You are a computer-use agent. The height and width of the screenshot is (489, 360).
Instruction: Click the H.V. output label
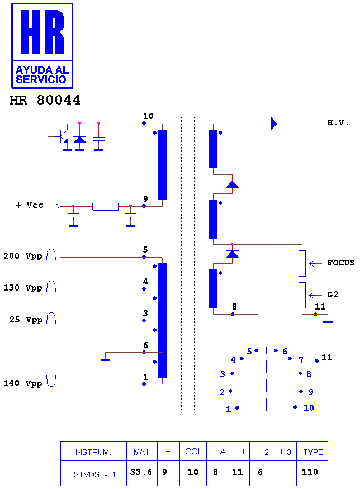point(338,122)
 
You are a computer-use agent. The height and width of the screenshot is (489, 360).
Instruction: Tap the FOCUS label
point(340,263)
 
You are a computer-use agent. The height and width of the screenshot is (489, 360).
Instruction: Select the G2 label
point(333,295)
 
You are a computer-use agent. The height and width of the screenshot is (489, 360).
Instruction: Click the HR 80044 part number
point(45,100)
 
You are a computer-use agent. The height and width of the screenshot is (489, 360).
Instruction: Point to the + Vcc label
point(29,205)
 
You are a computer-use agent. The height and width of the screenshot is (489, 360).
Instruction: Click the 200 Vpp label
point(22,256)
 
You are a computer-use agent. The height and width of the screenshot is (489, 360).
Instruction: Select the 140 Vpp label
point(22,383)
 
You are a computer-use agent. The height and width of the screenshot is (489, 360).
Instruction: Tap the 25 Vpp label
point(26,320)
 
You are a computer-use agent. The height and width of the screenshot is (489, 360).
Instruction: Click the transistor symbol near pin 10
point(63,137)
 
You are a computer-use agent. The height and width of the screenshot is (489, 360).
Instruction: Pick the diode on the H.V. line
point(273,124)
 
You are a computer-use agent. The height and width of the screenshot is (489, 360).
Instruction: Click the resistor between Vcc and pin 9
point(105,206)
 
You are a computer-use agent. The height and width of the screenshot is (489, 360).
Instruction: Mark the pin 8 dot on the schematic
point(233,314)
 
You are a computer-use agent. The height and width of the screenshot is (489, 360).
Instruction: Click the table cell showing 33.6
point(141,473)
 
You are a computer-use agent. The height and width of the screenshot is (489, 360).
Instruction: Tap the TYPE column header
point(312,452)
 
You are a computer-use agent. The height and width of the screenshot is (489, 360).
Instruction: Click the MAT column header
point(141,452)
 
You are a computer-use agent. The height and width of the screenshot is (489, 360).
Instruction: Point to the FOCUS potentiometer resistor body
point(302,263)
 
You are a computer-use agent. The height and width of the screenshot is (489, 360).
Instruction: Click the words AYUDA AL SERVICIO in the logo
point(42,74)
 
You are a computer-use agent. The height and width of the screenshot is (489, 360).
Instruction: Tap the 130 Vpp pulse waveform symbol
point(51,286)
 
